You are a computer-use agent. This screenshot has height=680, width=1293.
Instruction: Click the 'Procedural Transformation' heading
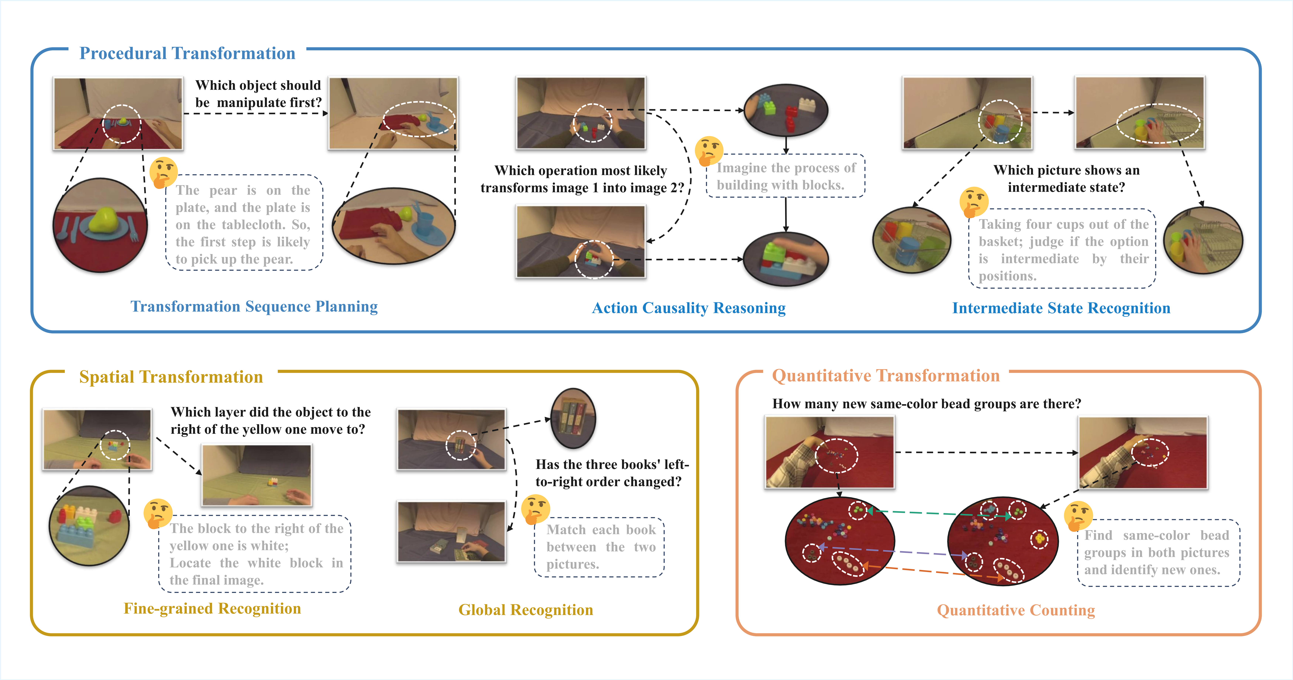pos(187,53)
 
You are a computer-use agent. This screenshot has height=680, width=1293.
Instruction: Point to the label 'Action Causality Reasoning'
pos(689,308)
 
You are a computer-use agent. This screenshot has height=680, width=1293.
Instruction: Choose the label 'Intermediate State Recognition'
pos(1061,308)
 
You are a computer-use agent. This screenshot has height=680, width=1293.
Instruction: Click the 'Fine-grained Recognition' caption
pos(212,608)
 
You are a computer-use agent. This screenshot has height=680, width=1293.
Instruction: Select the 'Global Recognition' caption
pos(526,610)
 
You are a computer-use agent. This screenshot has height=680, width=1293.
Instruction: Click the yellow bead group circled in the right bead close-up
pos(1038,539)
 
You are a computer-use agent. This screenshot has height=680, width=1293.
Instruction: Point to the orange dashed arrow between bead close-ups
pos(934,572)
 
